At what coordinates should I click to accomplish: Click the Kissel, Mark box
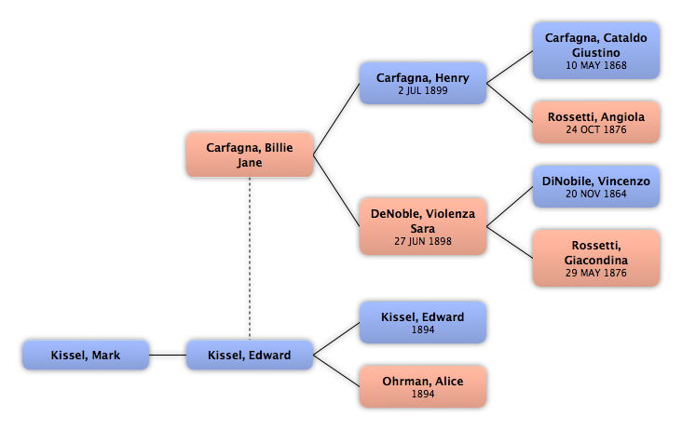tap(86, 355)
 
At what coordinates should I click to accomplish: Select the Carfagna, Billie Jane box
tap(250, 155)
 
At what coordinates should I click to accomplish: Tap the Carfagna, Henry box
tap(423, 83)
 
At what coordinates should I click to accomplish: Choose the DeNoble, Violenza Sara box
tap(423, 226)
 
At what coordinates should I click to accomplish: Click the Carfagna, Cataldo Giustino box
tap(596, 51)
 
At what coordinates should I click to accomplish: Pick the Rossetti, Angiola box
tap(596, 122)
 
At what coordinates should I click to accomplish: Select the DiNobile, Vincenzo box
tap(596, 186)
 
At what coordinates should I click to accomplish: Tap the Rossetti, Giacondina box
tap(596, 258)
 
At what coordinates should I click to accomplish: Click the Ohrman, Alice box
tap(423, 386)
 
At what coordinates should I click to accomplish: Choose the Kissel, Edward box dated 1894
tap(423, 322)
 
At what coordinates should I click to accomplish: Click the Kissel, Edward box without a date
tap(250, 355)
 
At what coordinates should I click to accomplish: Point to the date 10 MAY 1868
tap(596, 65)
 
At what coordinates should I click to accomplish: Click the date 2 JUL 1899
tap(423, 91)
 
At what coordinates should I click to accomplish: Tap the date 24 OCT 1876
tap(596, 130)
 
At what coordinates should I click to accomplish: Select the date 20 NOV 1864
tap(596, 195)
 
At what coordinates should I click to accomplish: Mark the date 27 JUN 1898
tap(423, 241)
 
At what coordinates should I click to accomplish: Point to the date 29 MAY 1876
tap(596, 274)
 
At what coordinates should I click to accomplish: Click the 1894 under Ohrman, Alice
tap(423, 394)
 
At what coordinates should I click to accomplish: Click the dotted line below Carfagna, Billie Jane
tap(250, 259)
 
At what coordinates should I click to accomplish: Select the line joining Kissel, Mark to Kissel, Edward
tap(168, 355)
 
